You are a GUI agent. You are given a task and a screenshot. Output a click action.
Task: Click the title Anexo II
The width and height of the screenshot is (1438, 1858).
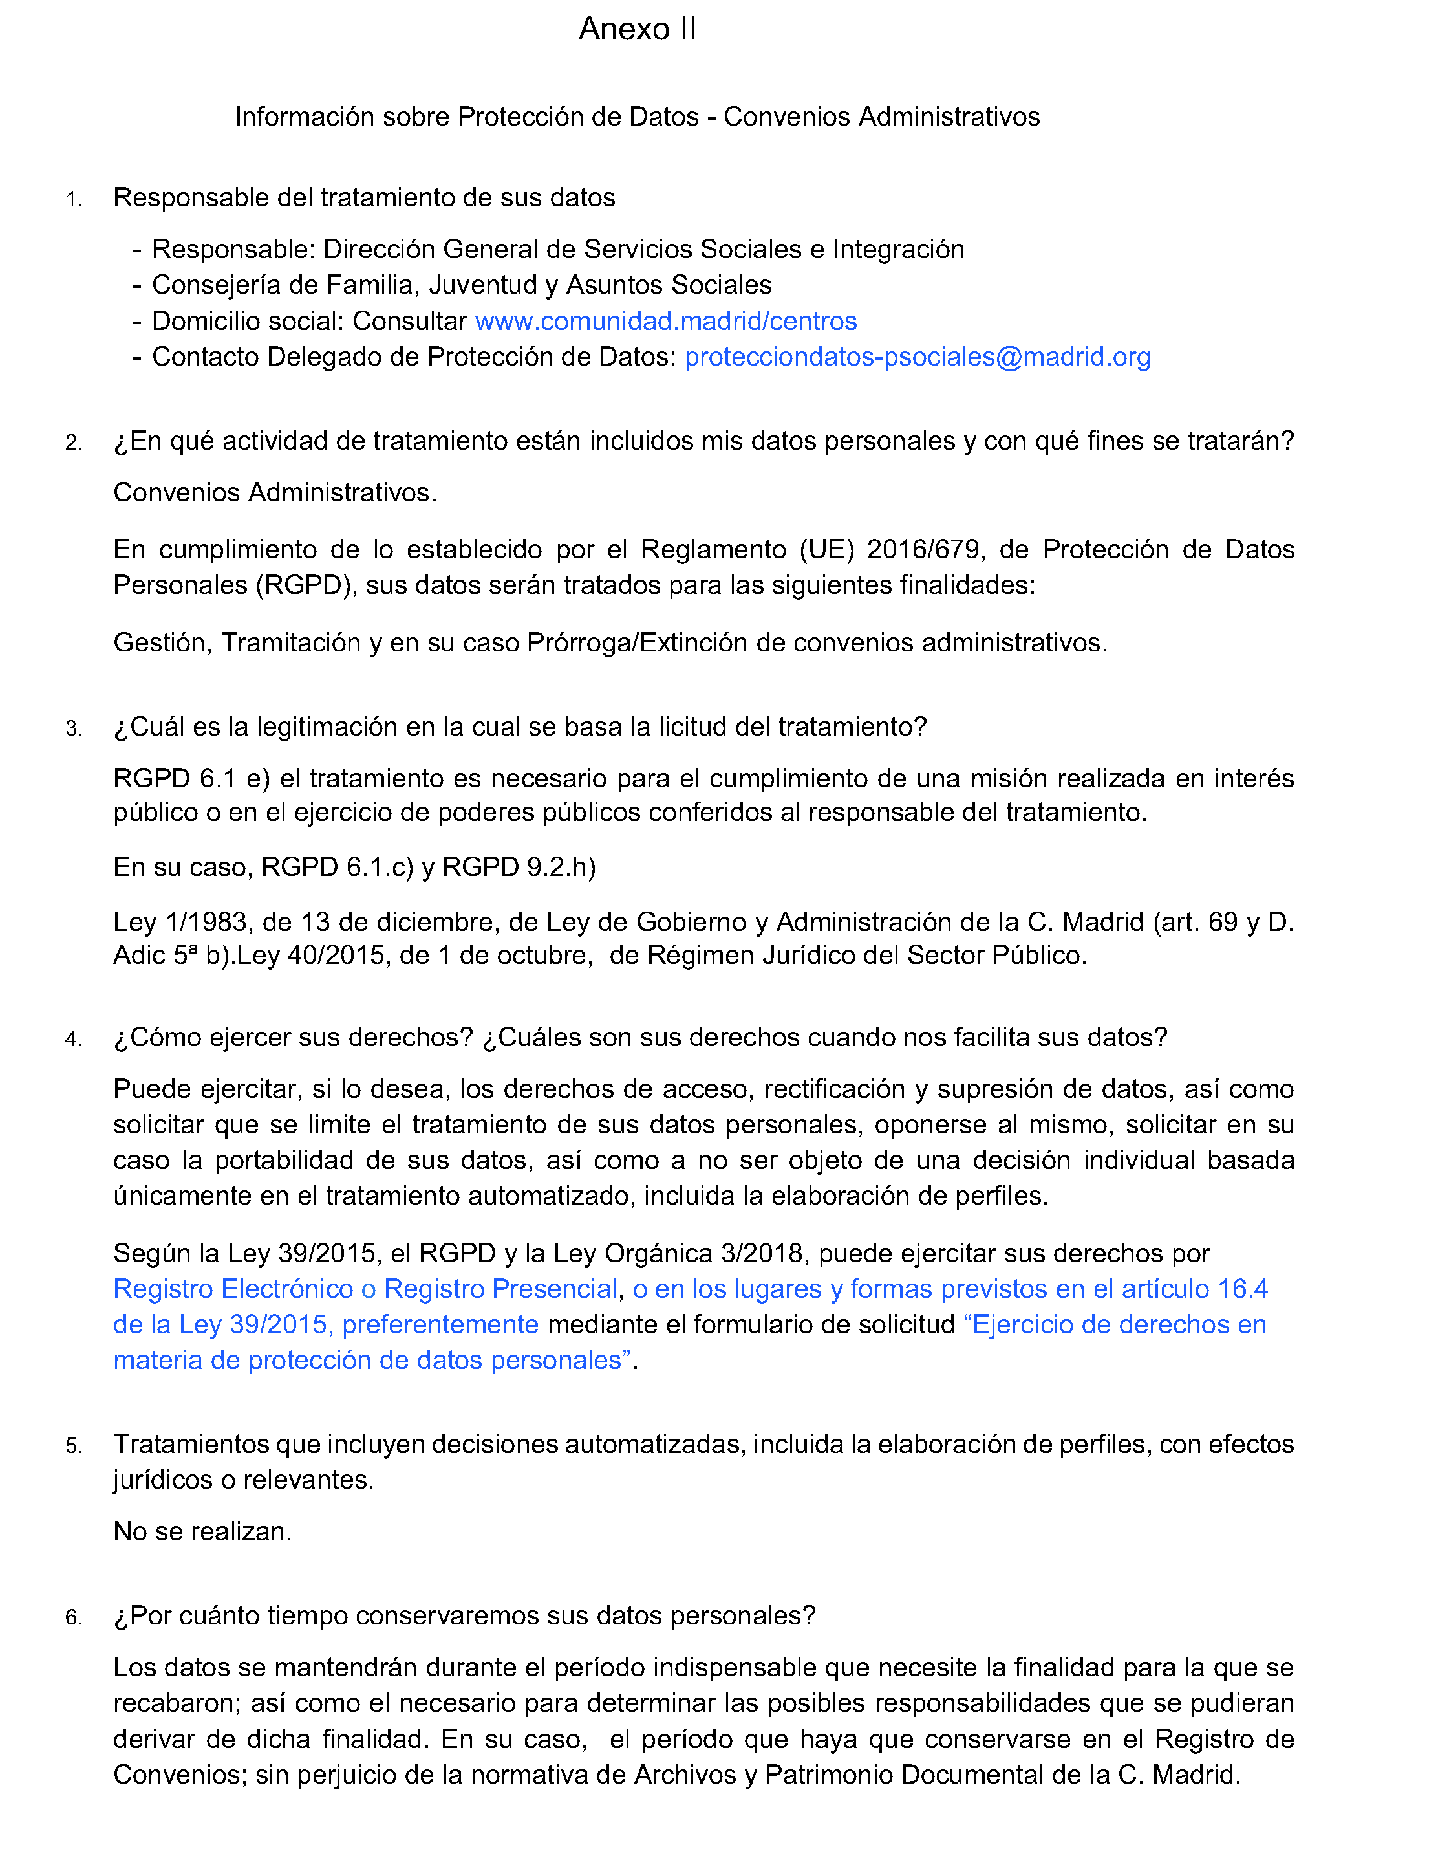tap(637, 29)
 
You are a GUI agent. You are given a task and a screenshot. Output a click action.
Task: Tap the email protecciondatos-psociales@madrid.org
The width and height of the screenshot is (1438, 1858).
tap(917, 356)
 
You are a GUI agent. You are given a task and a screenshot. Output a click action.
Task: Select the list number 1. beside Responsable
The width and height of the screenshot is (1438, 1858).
tap(74, 200)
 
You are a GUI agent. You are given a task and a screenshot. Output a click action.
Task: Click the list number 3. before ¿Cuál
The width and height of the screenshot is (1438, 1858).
tap(74, 729)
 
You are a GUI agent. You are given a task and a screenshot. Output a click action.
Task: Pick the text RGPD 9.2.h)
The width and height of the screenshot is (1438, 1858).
tap(519, 867)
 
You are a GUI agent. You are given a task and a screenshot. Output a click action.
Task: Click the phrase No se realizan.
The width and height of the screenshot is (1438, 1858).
tap(202, 1531)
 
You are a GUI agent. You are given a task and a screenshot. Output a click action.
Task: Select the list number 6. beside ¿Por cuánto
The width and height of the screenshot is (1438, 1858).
tap(74, 1618)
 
